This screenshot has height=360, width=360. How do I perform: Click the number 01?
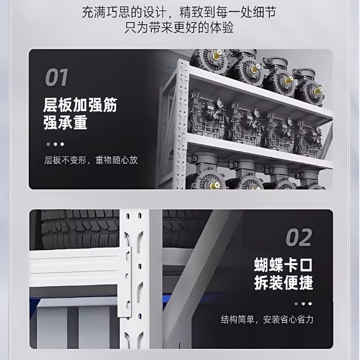click(x=56, y=77)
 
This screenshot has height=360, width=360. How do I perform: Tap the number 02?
click(x=298, y=238)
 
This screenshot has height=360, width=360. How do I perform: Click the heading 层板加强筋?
click(x=80, y=104)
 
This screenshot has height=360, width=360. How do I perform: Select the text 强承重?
click(x=65, y=122)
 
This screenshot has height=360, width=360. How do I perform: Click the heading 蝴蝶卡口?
click(x=283, y=265)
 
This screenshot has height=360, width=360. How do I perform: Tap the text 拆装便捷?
click(x=283, y=283)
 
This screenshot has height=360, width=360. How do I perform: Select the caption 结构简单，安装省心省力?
click(x=267, y=319)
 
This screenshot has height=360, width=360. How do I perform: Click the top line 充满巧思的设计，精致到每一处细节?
click(x=180, y=13)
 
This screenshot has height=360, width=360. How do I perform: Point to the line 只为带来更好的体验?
click(x=179, y=28)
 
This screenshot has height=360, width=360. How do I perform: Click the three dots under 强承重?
click(x=55, y=144)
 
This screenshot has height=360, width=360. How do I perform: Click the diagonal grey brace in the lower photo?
click(x=193, y=279)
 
